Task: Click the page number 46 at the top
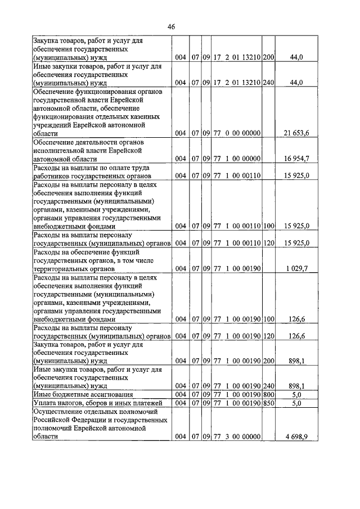pyautogui.click(x=172, y=26)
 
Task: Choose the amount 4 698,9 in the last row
pyautogui.click(x=298, y=436)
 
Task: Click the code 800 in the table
pyautogui.click(x=268, y=395)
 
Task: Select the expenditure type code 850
pyautogui.click(x=268, y=403)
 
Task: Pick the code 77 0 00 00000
pyautogui.click(x=236, y=133)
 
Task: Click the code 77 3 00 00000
pyautogui.click(x=236, y=436)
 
